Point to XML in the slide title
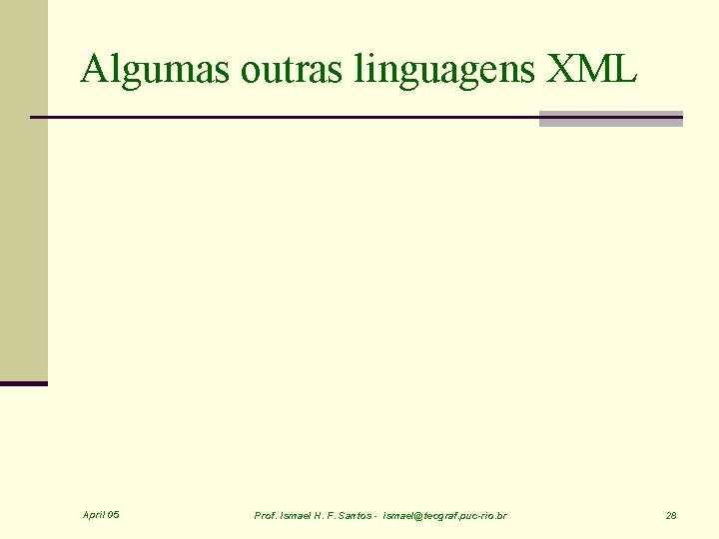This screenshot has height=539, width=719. pos(593,70)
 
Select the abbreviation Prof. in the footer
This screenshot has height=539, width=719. pos(266,516)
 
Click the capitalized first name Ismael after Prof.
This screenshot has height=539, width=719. pos(298,516)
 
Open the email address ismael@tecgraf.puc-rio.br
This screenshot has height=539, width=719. pos(444,516)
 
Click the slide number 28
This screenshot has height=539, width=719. pos(671,516)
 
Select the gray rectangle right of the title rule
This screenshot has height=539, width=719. pos(610,119)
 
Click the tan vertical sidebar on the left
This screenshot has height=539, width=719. pos(23,190)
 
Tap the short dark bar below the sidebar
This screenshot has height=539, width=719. pos(23,383)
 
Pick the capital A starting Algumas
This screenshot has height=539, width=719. pos(93,70)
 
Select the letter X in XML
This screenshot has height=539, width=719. pos(562,70)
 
